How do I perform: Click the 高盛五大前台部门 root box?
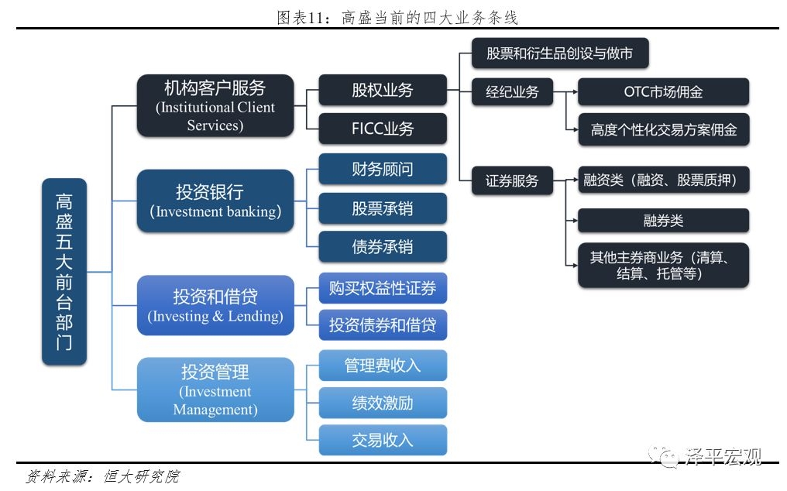tap(64, 272)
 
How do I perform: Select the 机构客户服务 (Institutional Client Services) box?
tap(215, 105)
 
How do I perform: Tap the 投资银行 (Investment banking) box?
tap(215, 201)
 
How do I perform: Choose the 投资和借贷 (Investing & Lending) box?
tap(215, 305)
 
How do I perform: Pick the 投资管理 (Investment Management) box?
tap(215, 390)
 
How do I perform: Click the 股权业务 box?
tap(383, 90)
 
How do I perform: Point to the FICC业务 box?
tap(383, 129)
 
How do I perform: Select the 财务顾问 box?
tap(383, 169)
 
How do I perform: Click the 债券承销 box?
tap(383, 246)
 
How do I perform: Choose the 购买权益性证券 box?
tap(383, 288)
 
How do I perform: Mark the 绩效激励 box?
tap(383, 403)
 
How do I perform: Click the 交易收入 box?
tap(383, 440)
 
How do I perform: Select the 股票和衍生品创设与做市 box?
tap(559, 53)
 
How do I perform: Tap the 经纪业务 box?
tap(512, 92)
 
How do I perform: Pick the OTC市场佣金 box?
tap(663, 92)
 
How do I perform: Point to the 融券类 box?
tap(663, 221)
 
